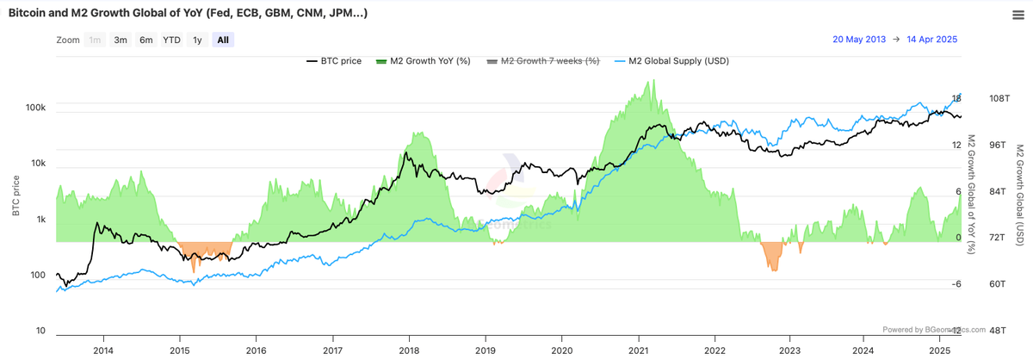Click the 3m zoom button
121,40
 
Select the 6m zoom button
146,40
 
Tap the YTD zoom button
172,40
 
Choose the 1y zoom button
197,40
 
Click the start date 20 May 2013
858,40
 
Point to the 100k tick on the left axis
35,109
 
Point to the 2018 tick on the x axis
408,350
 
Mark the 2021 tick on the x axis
637,350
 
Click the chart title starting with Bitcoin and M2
189,14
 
